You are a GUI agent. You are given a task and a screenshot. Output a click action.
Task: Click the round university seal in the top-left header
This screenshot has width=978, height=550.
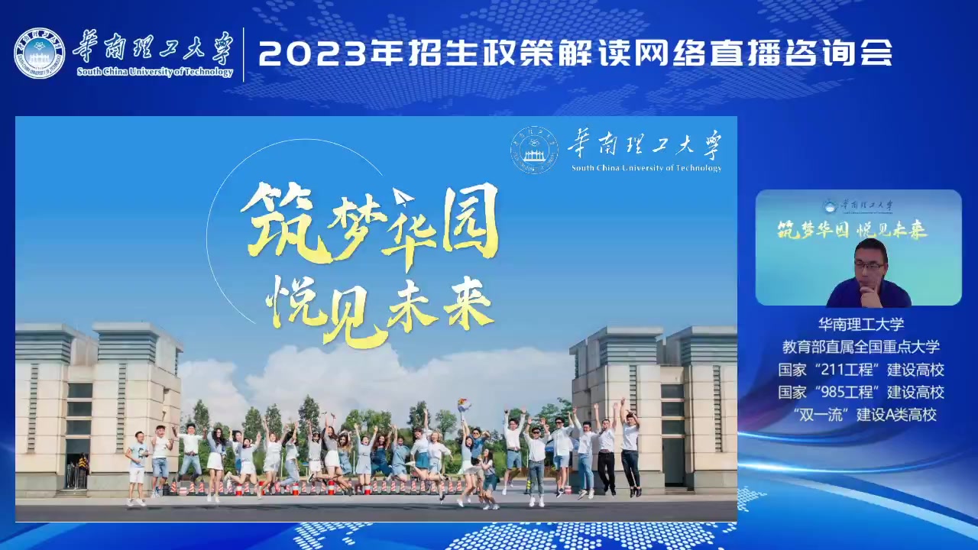point(39,53)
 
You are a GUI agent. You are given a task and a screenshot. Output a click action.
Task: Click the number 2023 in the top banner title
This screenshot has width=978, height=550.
point(312,53)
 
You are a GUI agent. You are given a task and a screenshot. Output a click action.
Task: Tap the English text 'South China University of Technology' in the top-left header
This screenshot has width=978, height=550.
point(155,72)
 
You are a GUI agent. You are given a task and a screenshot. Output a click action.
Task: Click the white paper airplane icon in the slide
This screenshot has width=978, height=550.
point(403,197)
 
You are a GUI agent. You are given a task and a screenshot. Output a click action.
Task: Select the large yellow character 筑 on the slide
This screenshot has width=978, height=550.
point(283,224)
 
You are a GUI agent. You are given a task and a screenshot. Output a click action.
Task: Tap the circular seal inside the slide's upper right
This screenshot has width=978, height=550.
point(534,150)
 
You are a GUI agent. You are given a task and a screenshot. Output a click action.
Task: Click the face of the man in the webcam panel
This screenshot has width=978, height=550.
point(869,267)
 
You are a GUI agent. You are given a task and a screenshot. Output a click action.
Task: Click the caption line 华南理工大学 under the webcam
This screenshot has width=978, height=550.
point(860,324)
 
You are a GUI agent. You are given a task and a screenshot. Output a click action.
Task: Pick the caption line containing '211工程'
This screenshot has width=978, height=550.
point(860,370)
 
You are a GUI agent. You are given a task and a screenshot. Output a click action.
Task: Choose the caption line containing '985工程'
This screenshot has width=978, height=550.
point(860,392)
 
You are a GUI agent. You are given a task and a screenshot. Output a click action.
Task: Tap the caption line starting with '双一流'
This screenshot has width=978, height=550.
point(864,414)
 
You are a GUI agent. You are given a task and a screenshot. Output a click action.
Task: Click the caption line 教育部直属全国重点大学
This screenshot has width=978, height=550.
point(860,347)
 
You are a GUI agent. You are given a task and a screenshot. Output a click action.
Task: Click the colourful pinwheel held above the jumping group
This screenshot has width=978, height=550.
point(464,405)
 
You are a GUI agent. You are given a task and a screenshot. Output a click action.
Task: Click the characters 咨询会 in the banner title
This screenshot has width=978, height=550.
point(838,53)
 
